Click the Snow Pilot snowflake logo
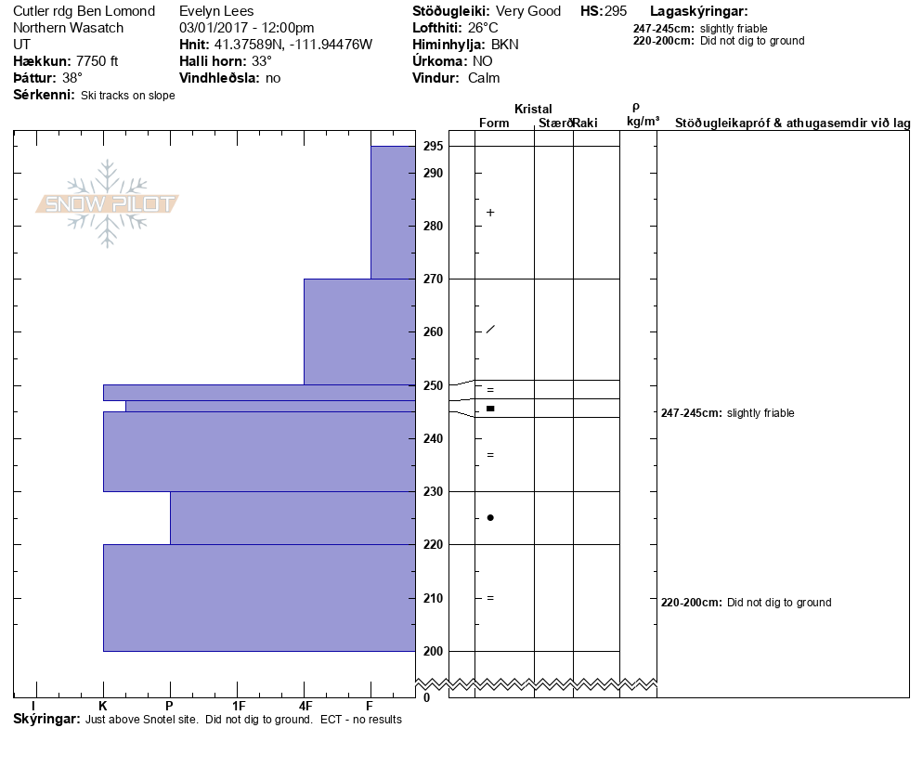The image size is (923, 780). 108,203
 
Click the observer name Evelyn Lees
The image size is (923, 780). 219,11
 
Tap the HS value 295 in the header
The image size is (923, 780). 616,11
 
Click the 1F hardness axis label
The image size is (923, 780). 238,706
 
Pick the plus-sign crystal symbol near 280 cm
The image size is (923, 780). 490,213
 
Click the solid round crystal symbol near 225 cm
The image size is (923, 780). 490,517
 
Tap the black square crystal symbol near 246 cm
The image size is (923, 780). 490,409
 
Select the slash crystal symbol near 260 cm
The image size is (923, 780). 490,330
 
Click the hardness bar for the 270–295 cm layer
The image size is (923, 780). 393,212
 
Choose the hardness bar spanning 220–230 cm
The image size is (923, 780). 292,517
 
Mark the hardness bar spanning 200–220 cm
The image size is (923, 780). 259,597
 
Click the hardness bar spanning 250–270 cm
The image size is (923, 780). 359,331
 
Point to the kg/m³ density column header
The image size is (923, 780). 643,122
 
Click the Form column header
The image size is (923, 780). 493,123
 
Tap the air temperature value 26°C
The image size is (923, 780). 482,28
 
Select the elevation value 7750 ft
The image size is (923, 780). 97,61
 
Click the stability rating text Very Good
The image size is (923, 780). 528,11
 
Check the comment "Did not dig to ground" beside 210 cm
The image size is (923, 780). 778,603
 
